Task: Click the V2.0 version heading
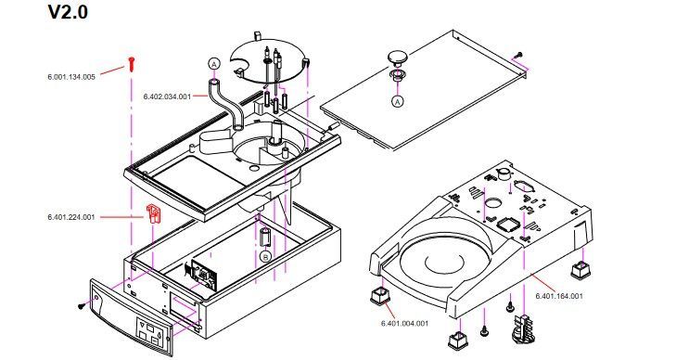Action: [x=68, y=11]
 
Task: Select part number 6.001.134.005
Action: [x=71, y=77]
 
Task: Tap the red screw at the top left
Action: [x=131, y=64]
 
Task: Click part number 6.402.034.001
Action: [x=168, y=96]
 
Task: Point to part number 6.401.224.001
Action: [x=71, y=217]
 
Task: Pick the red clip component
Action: [x=153, y=213]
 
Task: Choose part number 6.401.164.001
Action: [x=559, y=296]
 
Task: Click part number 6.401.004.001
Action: [x=404, y=324]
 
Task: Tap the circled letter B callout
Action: [x=265, y=257]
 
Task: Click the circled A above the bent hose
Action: [x=213, y=64]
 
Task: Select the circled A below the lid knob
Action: [x=397, y=101]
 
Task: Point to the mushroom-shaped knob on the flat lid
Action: [x=397, y=58]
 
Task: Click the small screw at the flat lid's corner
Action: [x=519, y=55]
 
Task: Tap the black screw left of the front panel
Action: [x=82, y=305]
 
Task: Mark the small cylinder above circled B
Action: [x=265, y=237]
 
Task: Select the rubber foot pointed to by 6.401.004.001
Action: [x=380, y=294]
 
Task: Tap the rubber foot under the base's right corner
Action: [x=582, y=269]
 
